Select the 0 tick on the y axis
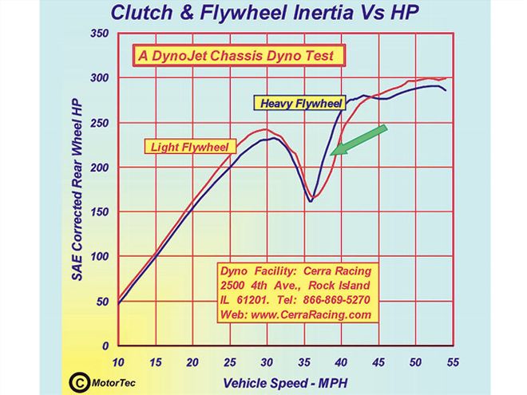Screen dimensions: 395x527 coord(104,346)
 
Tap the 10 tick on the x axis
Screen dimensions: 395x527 coord(119,361)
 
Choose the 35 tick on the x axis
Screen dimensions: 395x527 coord(304,361)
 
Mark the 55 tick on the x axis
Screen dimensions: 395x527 coord(453,361)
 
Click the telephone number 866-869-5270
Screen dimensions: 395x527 coord(335,299)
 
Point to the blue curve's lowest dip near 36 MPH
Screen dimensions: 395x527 coord(311,200)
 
